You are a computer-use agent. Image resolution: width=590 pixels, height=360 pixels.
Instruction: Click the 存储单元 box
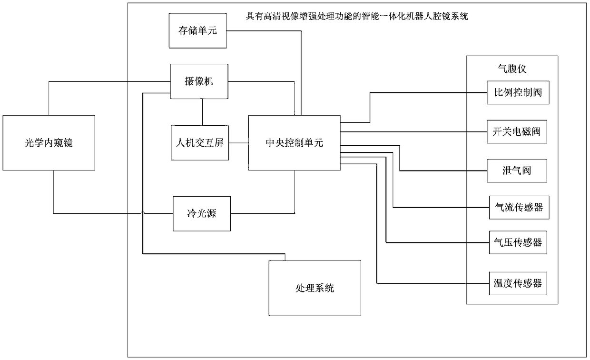point(197,30)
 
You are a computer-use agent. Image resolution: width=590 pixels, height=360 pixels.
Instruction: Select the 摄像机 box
point(199,82)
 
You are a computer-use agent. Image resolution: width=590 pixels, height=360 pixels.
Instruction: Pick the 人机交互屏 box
point(200,142)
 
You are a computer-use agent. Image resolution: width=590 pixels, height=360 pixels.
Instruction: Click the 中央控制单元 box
point(294,142)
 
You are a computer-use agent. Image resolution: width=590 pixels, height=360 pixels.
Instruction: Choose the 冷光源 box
point(202,214)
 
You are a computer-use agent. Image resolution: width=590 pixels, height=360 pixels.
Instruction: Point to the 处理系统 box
point(314,288)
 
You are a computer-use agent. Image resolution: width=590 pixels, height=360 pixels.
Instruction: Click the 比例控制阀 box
point(518,93)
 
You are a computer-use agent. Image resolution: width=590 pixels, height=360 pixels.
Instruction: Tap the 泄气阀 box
point(517,170)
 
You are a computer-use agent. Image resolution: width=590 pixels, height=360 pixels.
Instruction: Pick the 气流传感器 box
point(518,208)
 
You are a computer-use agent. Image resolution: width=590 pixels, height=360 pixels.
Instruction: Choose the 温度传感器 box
point(518,284)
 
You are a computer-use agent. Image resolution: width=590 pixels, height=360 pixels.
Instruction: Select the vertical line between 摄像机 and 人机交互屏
point(203,112)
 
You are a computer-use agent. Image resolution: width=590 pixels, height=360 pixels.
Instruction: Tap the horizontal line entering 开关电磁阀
point(414,131)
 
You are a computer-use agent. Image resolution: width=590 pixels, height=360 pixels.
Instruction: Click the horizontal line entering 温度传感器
point(428,284)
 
